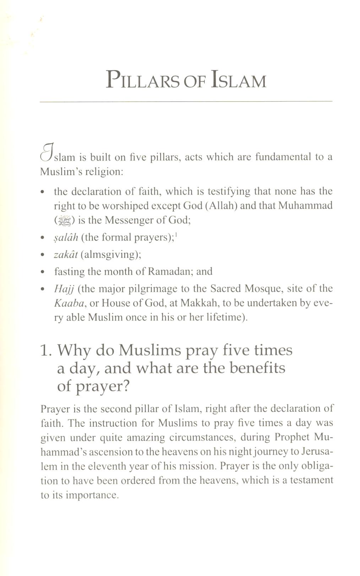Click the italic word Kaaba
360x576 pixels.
66,303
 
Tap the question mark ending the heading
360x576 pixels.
126,386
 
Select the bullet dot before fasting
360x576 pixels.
43,272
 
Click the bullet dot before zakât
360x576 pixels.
43,255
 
